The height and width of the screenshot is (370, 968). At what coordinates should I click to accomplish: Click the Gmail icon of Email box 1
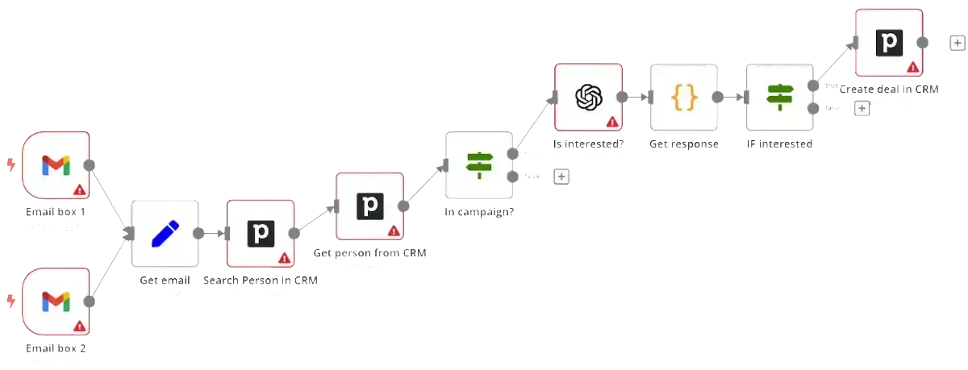(x=56, y=166)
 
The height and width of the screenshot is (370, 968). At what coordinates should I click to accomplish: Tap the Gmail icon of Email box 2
(x=56, y=302)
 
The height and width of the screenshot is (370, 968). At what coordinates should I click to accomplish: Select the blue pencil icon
(x=165, y=234)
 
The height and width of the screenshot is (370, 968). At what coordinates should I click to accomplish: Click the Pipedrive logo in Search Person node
(x=261, y=234)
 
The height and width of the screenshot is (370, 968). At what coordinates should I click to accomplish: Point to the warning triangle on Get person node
(x=394, y=231)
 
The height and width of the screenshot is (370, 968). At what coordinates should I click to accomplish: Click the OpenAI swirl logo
(x=589, y=98)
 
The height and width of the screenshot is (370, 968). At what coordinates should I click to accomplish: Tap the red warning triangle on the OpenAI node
(x=612, y=122)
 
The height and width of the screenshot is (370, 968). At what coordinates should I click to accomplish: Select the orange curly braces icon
(x=684, y=98)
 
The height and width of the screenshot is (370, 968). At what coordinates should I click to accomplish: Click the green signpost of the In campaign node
(x=480, y=165)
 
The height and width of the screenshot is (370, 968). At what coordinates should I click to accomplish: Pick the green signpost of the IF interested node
(x=779, y=98)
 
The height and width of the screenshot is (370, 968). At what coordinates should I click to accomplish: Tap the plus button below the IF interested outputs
(x=862, y=108)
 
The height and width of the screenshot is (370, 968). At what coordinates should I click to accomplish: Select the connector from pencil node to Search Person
(x=213, y=234)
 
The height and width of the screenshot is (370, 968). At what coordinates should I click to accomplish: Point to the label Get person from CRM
(x=369, y=252)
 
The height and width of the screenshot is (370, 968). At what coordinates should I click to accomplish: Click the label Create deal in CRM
(x=889, y=89)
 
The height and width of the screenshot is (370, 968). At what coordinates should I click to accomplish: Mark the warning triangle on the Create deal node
(x=912, y=67)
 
